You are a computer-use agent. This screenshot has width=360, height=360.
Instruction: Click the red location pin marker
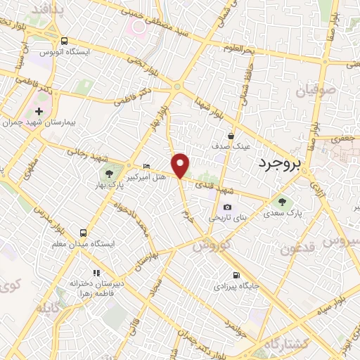coord(181,165)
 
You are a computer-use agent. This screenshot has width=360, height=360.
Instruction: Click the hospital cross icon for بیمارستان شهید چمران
coord(39,111)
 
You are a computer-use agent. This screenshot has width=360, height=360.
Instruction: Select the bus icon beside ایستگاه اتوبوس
coord(64,41)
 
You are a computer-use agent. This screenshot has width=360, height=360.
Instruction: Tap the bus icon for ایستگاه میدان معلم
coord(84,233)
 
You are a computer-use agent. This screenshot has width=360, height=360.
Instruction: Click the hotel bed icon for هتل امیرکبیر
coord(146,166)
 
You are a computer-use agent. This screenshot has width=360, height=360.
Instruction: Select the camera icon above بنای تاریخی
coord(227,207)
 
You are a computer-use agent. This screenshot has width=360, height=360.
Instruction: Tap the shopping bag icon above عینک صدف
coord(231,136)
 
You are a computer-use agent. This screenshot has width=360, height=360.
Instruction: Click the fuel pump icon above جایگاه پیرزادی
coord(235,275)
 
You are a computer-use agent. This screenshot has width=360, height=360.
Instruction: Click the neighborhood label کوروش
coord(210,246)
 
